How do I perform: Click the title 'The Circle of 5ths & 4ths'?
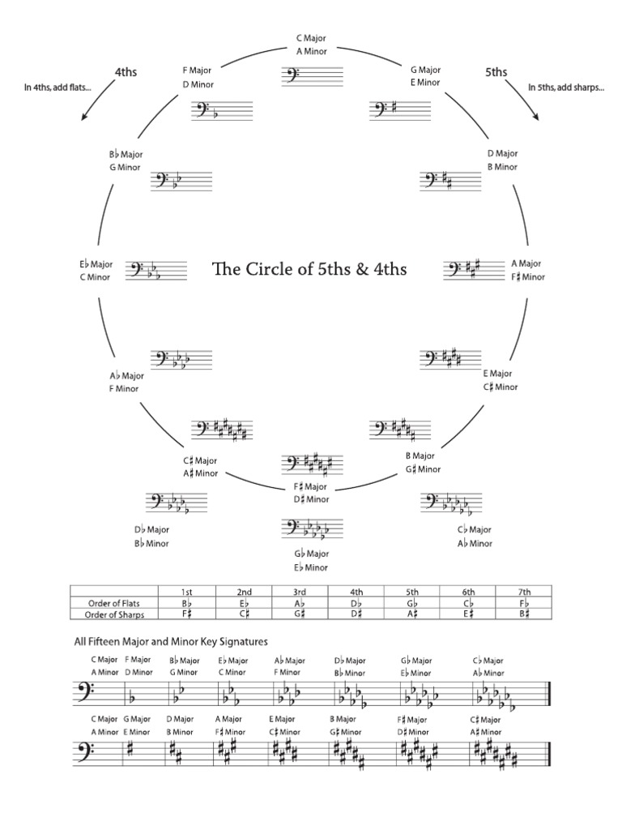(x=309, y=269)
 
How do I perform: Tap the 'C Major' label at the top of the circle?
(x=309, y=38)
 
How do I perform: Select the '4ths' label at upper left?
(x=126, y=72)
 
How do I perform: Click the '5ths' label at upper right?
(x=496, y=72)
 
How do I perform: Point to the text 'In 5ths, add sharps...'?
(x=566, y=88)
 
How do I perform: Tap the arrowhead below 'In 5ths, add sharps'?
(x=537, y=118)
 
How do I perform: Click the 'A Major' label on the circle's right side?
(x=526, y=263)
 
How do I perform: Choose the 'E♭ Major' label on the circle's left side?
(x=96, y=264)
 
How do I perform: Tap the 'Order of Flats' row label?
(x=113, y=603)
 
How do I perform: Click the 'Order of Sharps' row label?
(x=113, y=614)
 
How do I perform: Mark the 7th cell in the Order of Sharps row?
(x=523, y=614)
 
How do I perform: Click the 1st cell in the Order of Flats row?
(x=187, y=603)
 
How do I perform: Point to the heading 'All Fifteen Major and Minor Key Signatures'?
(x=169, y=641)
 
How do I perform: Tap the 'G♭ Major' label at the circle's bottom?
(x=311, y=554)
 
